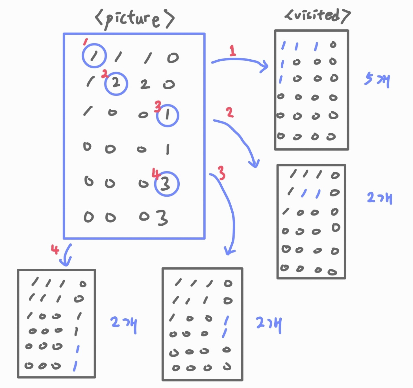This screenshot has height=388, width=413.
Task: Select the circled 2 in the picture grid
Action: coord(116,84)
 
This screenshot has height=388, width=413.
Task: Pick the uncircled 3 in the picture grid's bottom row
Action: coord(162,218)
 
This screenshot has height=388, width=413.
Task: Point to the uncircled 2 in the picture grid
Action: coord(145,84)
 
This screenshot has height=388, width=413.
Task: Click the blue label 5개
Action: coord(377,79)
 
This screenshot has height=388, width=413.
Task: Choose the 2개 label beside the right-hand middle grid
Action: coord(379,198)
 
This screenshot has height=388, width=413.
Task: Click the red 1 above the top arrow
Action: coord(232,51)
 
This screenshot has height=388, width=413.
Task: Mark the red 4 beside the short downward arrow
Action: coord(55,249)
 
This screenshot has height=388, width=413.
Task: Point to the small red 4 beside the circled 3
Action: coord(156,174)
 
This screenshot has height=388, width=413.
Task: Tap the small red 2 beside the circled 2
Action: coord(105,74)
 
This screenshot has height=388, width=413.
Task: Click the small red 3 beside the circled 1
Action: coord(157,106)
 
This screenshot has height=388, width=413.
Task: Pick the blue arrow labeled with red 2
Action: coord(240,139)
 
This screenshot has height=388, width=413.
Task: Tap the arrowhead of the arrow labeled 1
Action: coord(265,67)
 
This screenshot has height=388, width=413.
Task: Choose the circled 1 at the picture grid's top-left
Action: coord(94,55)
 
